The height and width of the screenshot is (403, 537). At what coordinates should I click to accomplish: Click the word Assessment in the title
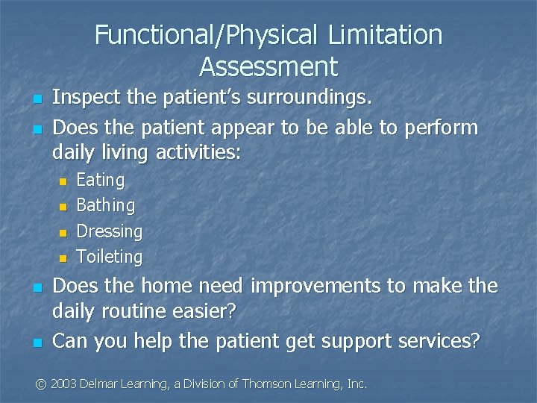point(268,67)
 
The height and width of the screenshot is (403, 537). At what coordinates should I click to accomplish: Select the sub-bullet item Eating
point(101,180)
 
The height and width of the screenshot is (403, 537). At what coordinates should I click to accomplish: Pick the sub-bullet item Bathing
point(106,205)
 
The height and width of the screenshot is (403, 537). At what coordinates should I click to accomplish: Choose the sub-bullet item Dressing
point(110,231)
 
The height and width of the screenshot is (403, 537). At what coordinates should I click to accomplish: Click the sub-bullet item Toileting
point(110,257)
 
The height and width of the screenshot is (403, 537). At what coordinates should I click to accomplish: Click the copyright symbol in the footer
point(42,384)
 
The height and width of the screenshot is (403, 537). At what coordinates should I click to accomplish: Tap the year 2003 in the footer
point(65,384)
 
